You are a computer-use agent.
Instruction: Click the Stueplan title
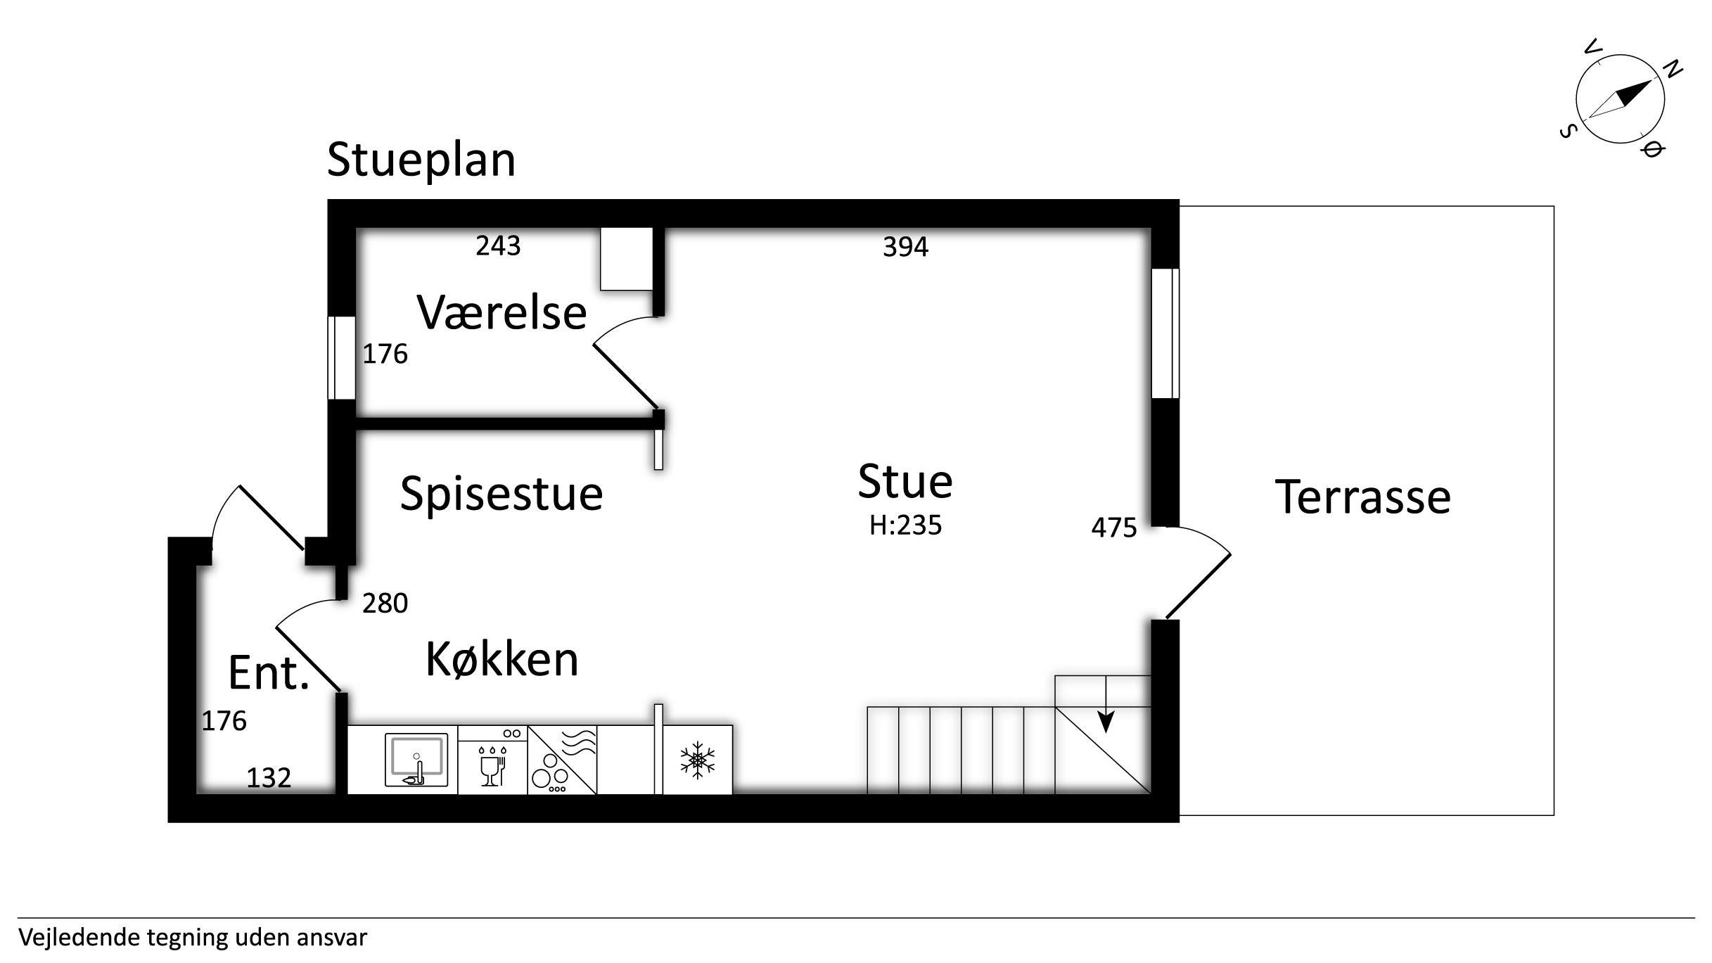(x=421, y=160)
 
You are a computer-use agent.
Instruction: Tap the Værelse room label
(x=502, y=312)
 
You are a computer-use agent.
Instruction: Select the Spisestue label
(x=502, y=493)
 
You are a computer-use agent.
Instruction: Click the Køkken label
(x=502, y=660)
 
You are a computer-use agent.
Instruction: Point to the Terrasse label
(x=1362, y=497)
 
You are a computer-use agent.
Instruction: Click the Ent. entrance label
(x=269, y=673)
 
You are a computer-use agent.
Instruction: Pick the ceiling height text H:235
(x=905, y=525)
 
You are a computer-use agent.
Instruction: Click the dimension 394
(x=905, y=247)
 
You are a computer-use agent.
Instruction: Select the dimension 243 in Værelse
(x=498, y=245)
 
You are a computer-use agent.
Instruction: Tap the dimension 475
(x=1113, y=528)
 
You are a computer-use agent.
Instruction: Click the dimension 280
(x=385, y=604)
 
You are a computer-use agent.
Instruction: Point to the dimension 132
(x=269, y=778)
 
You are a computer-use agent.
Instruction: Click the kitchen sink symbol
(x=416, y=760)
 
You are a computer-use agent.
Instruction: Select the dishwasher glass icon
(x=492, y=767)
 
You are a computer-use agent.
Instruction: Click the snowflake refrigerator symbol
(x=697, y=760)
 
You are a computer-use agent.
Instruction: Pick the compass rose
(x=1620, y=99)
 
